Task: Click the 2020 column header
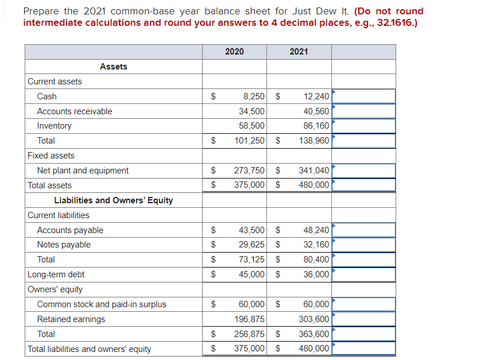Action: pos(234,52)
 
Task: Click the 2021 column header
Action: pos(299,52)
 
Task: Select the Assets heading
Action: pos(114,67)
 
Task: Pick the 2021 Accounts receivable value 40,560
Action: pos(314,111)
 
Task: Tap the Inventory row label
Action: pos(55,126)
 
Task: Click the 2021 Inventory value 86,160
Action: pos(314,126)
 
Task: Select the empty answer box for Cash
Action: pos(363,96)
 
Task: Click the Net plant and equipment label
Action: pos(83,171)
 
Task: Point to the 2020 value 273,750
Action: pos(250,171)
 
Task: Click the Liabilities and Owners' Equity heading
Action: pos(114,200)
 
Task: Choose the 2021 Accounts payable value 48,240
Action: pos(316,230)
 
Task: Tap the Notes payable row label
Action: pos(64,245)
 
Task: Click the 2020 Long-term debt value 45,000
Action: pos(251,274)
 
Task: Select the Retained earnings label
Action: pos(71,319)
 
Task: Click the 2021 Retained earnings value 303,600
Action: pos(314,319)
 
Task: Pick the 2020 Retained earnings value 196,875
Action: pos(250,319)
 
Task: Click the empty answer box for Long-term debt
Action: pos(363,274)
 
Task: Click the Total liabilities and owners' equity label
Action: pos(90,349)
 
